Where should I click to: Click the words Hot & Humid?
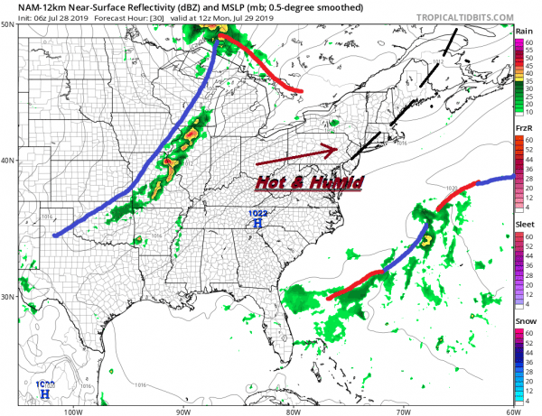(295, 180)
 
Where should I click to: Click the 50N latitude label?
(8, 24)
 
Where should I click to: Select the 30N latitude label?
(8, 297)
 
